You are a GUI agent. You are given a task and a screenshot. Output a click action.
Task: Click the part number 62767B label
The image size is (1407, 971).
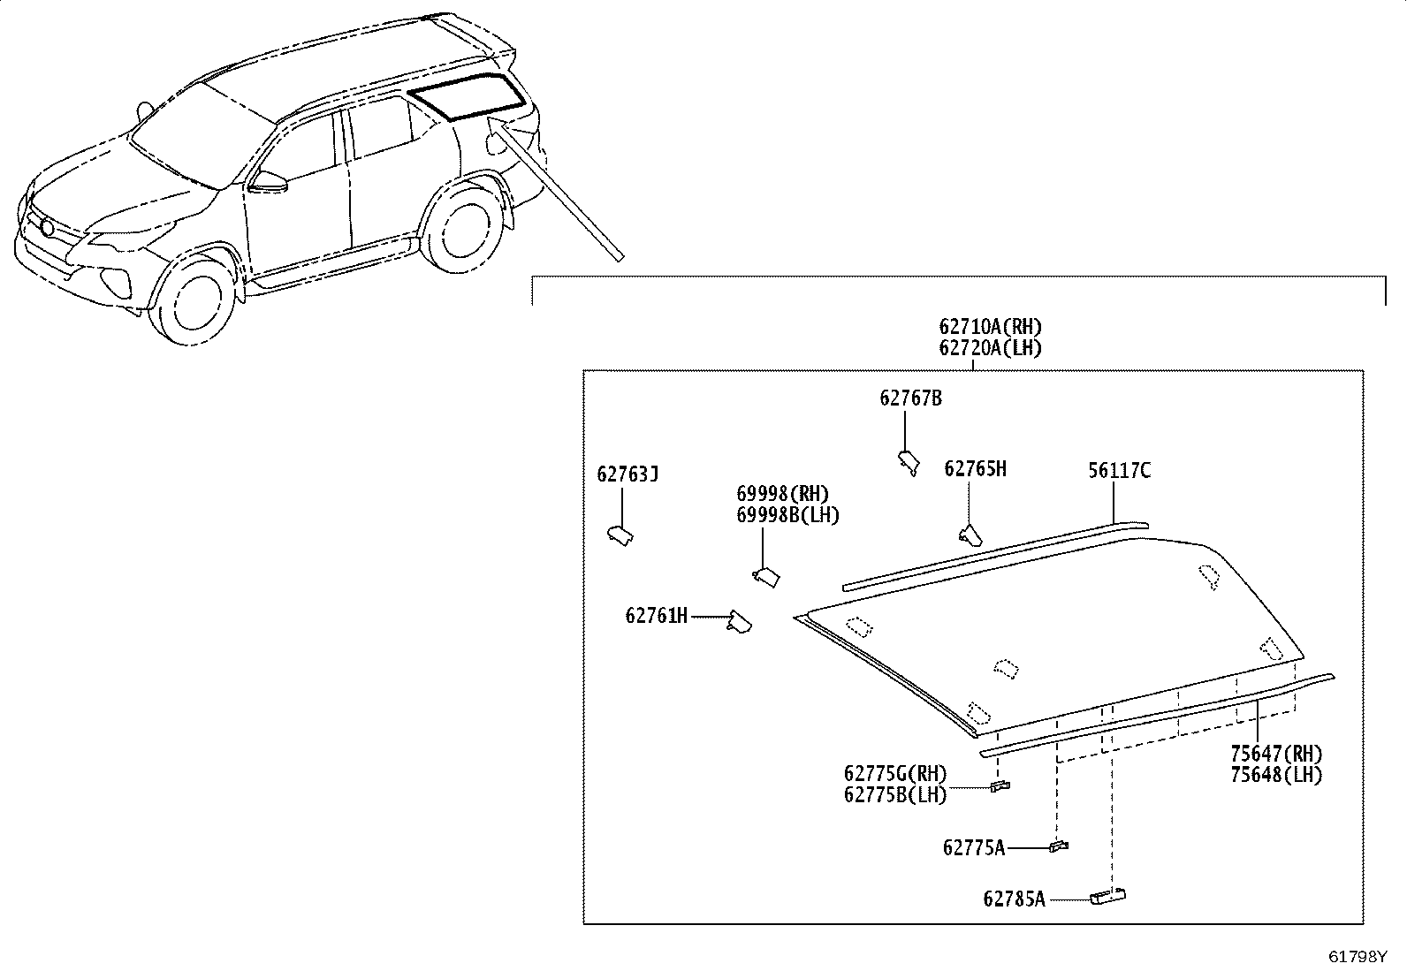[x=910, y=398]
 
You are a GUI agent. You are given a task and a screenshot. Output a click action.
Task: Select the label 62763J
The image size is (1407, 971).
[x=627, y=474]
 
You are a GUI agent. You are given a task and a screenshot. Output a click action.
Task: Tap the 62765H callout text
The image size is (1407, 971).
[x=975, y=468]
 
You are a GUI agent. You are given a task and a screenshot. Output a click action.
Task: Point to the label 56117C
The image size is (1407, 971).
[x=1119, y=470]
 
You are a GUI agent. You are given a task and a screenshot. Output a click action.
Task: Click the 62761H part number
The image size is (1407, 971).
[x=657, y=616]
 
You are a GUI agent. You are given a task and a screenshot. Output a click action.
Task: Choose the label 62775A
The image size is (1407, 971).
[x=974, y=848]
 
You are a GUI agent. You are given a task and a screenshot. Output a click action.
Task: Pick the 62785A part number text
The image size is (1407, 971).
[x=1014, y=899]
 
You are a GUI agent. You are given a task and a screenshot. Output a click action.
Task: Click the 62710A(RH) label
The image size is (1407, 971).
[x=990, y=327]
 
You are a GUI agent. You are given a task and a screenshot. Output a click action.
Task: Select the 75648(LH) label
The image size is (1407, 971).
[x=1275, y=774]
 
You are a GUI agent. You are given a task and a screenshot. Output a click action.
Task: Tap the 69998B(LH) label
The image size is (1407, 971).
[x=787, y=515]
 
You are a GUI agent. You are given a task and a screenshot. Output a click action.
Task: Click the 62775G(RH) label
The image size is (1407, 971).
[x=895, y=773]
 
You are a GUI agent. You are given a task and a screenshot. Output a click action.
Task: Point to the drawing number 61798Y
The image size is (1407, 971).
[x=1357, y=957]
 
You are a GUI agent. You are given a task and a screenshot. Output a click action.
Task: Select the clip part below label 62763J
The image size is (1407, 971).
[x=620, y=535]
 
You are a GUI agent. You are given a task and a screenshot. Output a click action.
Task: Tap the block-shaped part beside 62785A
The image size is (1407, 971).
[x=1107, y=896]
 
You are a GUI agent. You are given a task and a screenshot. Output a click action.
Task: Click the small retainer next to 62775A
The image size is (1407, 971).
[x=1059, y=846]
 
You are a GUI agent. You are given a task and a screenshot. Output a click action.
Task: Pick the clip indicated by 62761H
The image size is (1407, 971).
[x=740, y=622]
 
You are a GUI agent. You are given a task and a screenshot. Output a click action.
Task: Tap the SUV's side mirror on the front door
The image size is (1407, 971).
[x=268, y=182]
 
